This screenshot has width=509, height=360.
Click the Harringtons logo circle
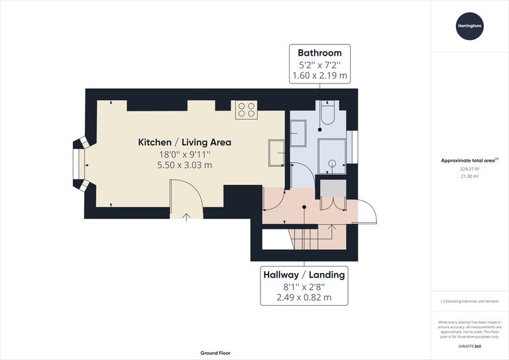tap(470, 27)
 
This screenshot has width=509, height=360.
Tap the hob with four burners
tap(246, 109)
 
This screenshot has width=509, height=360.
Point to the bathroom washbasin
tap(298, 133)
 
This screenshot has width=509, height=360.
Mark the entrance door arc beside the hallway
tap(367, 213)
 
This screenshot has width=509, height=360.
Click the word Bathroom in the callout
tap(319, 53)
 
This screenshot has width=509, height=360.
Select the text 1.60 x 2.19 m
tap(319, 76)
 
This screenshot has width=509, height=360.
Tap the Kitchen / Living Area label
tap(184, 142)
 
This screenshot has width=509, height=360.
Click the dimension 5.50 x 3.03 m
tap(184, 165)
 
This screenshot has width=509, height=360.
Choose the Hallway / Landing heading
tap(304, 274)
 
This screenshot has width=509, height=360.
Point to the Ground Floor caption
tap(215, 353)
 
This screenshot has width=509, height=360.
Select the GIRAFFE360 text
tap(470, 347)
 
